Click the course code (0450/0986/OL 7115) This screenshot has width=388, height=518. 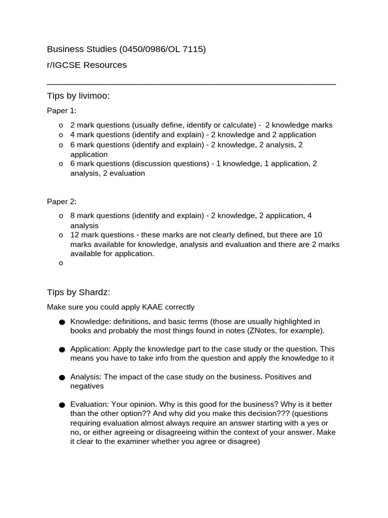click(x=162, y=49)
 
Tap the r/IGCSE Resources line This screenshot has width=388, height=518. click(x=87, y=65)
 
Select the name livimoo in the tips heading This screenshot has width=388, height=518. click(x=94, y=96)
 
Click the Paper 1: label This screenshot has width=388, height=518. click(x=62, y=111)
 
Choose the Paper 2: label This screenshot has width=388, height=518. click(x=62, y=201)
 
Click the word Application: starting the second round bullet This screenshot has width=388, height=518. click(x=90, y=349)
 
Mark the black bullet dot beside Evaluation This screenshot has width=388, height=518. click(x=62, y=405)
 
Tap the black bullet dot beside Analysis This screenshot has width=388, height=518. click(x=62, y=377)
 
